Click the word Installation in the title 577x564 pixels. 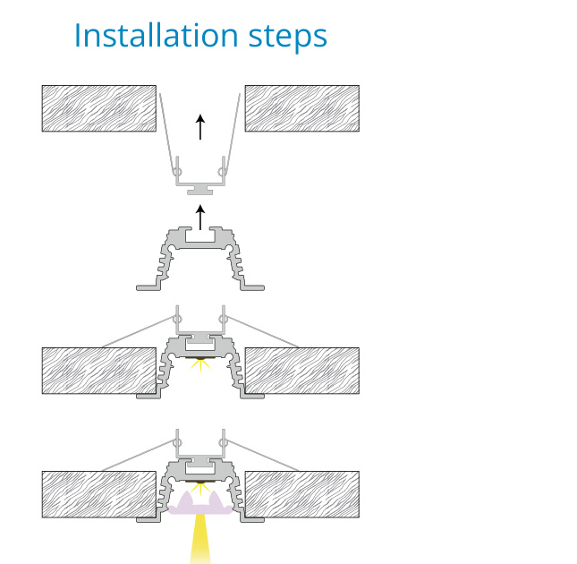[x=157, y=35]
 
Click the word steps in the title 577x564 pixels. [x=288, y=38]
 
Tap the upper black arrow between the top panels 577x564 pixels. [x=200, y=126]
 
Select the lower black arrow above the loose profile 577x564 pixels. [x=200, y=218]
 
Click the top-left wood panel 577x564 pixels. [x=99, y=108]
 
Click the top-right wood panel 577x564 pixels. [x=302, y=108]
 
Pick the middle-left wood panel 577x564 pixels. [x=99, y=371]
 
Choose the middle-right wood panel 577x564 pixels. [x=302, y=371]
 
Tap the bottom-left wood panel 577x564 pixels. [x=99, y=494]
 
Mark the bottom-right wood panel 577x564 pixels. [x=302, y=494]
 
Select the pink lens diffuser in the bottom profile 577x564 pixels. [x=200, y=504]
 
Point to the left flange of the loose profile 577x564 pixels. [x=148, y=287]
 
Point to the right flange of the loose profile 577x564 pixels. [x=252, y=287]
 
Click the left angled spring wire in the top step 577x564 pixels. [x=166, y=133]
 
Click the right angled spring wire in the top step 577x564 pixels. [x=233, y=133]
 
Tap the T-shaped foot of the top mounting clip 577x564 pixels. [x=200, y=190]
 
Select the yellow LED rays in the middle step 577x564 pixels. [x=200, y=364]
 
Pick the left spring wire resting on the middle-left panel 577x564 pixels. [x=139, y=331]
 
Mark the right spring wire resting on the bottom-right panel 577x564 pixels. [x=262, y=455]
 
